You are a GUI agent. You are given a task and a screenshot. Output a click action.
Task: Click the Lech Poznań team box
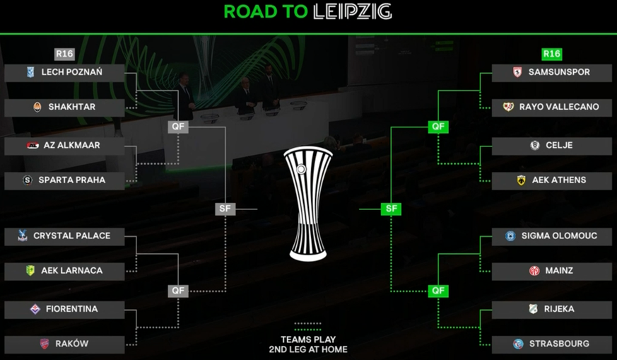click(64, 72)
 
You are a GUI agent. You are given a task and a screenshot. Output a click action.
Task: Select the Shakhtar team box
click(64, 107)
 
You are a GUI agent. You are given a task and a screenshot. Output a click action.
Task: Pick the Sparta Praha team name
click(71, 180)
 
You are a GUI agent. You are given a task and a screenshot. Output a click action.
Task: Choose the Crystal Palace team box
click(64, 236)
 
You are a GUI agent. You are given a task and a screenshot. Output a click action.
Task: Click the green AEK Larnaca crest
click(30, 271)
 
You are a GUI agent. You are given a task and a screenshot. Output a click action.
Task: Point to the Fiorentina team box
click(64, 309)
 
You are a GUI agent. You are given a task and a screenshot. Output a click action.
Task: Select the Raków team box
click(64, 344)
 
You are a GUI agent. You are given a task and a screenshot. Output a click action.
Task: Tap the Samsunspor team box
click(551, 72)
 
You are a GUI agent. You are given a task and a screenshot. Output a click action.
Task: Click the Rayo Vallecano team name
click(559, 107)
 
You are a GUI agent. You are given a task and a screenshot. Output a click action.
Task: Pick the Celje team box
click(551, 146)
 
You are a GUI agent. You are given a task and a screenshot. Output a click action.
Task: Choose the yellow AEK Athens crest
click(522, 180)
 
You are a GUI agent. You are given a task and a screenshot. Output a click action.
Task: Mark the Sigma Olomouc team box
click(551, 236)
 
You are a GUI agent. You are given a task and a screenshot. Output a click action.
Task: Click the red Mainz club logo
click(534, 271)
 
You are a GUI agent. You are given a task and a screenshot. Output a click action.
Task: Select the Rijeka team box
click(551, 309)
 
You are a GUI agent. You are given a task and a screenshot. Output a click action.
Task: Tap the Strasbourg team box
click(551, 344)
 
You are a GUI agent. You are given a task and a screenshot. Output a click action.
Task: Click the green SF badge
click(391, 209)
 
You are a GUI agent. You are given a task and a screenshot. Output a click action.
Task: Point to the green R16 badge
click(551, 54)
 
